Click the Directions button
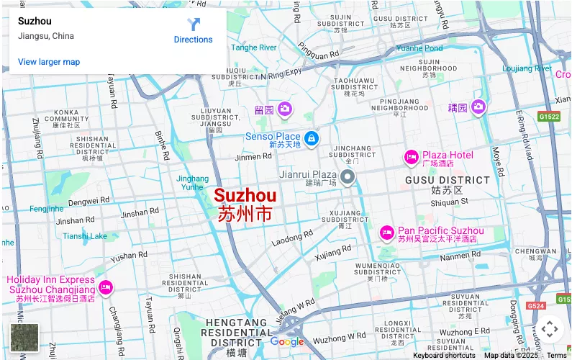(193, 30)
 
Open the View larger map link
(49, 62)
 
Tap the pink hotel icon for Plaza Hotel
(411, 156)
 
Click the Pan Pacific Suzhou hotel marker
(386, 233)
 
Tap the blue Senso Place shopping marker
(311, 138)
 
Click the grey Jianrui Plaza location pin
(348, 177)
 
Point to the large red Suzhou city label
(245, 196)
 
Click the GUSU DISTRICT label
(447, 180)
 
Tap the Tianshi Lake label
(85, 236)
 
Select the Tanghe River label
(254, 48)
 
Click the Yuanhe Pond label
(419, 48)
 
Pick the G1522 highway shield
(548, 116)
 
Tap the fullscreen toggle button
(550, 330)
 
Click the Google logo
(287, 342)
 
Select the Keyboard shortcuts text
(444, 355)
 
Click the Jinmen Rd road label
(253, 157)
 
